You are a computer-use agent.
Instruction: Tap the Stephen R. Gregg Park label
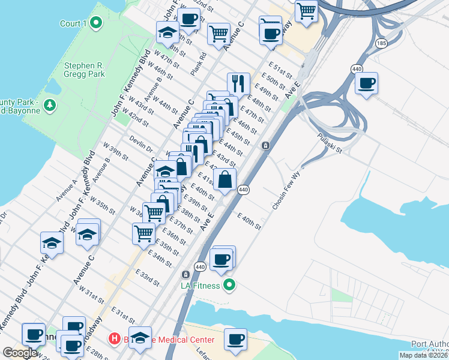click(85, 70)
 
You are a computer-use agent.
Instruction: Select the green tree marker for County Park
click(50, 106)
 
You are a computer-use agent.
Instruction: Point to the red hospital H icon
click(114, 339)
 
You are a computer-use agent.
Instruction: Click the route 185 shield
click(381, 43)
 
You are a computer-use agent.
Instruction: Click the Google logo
click(20, 353)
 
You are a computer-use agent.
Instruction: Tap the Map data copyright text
click(424, 355)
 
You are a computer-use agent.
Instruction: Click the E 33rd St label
click(147, 278)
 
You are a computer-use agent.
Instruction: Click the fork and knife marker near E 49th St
click(238, 83)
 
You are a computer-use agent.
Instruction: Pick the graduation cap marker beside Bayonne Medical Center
click(140, 338)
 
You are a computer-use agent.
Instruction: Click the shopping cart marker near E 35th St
click(143, 233)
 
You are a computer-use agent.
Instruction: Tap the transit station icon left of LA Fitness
click(187, 275)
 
